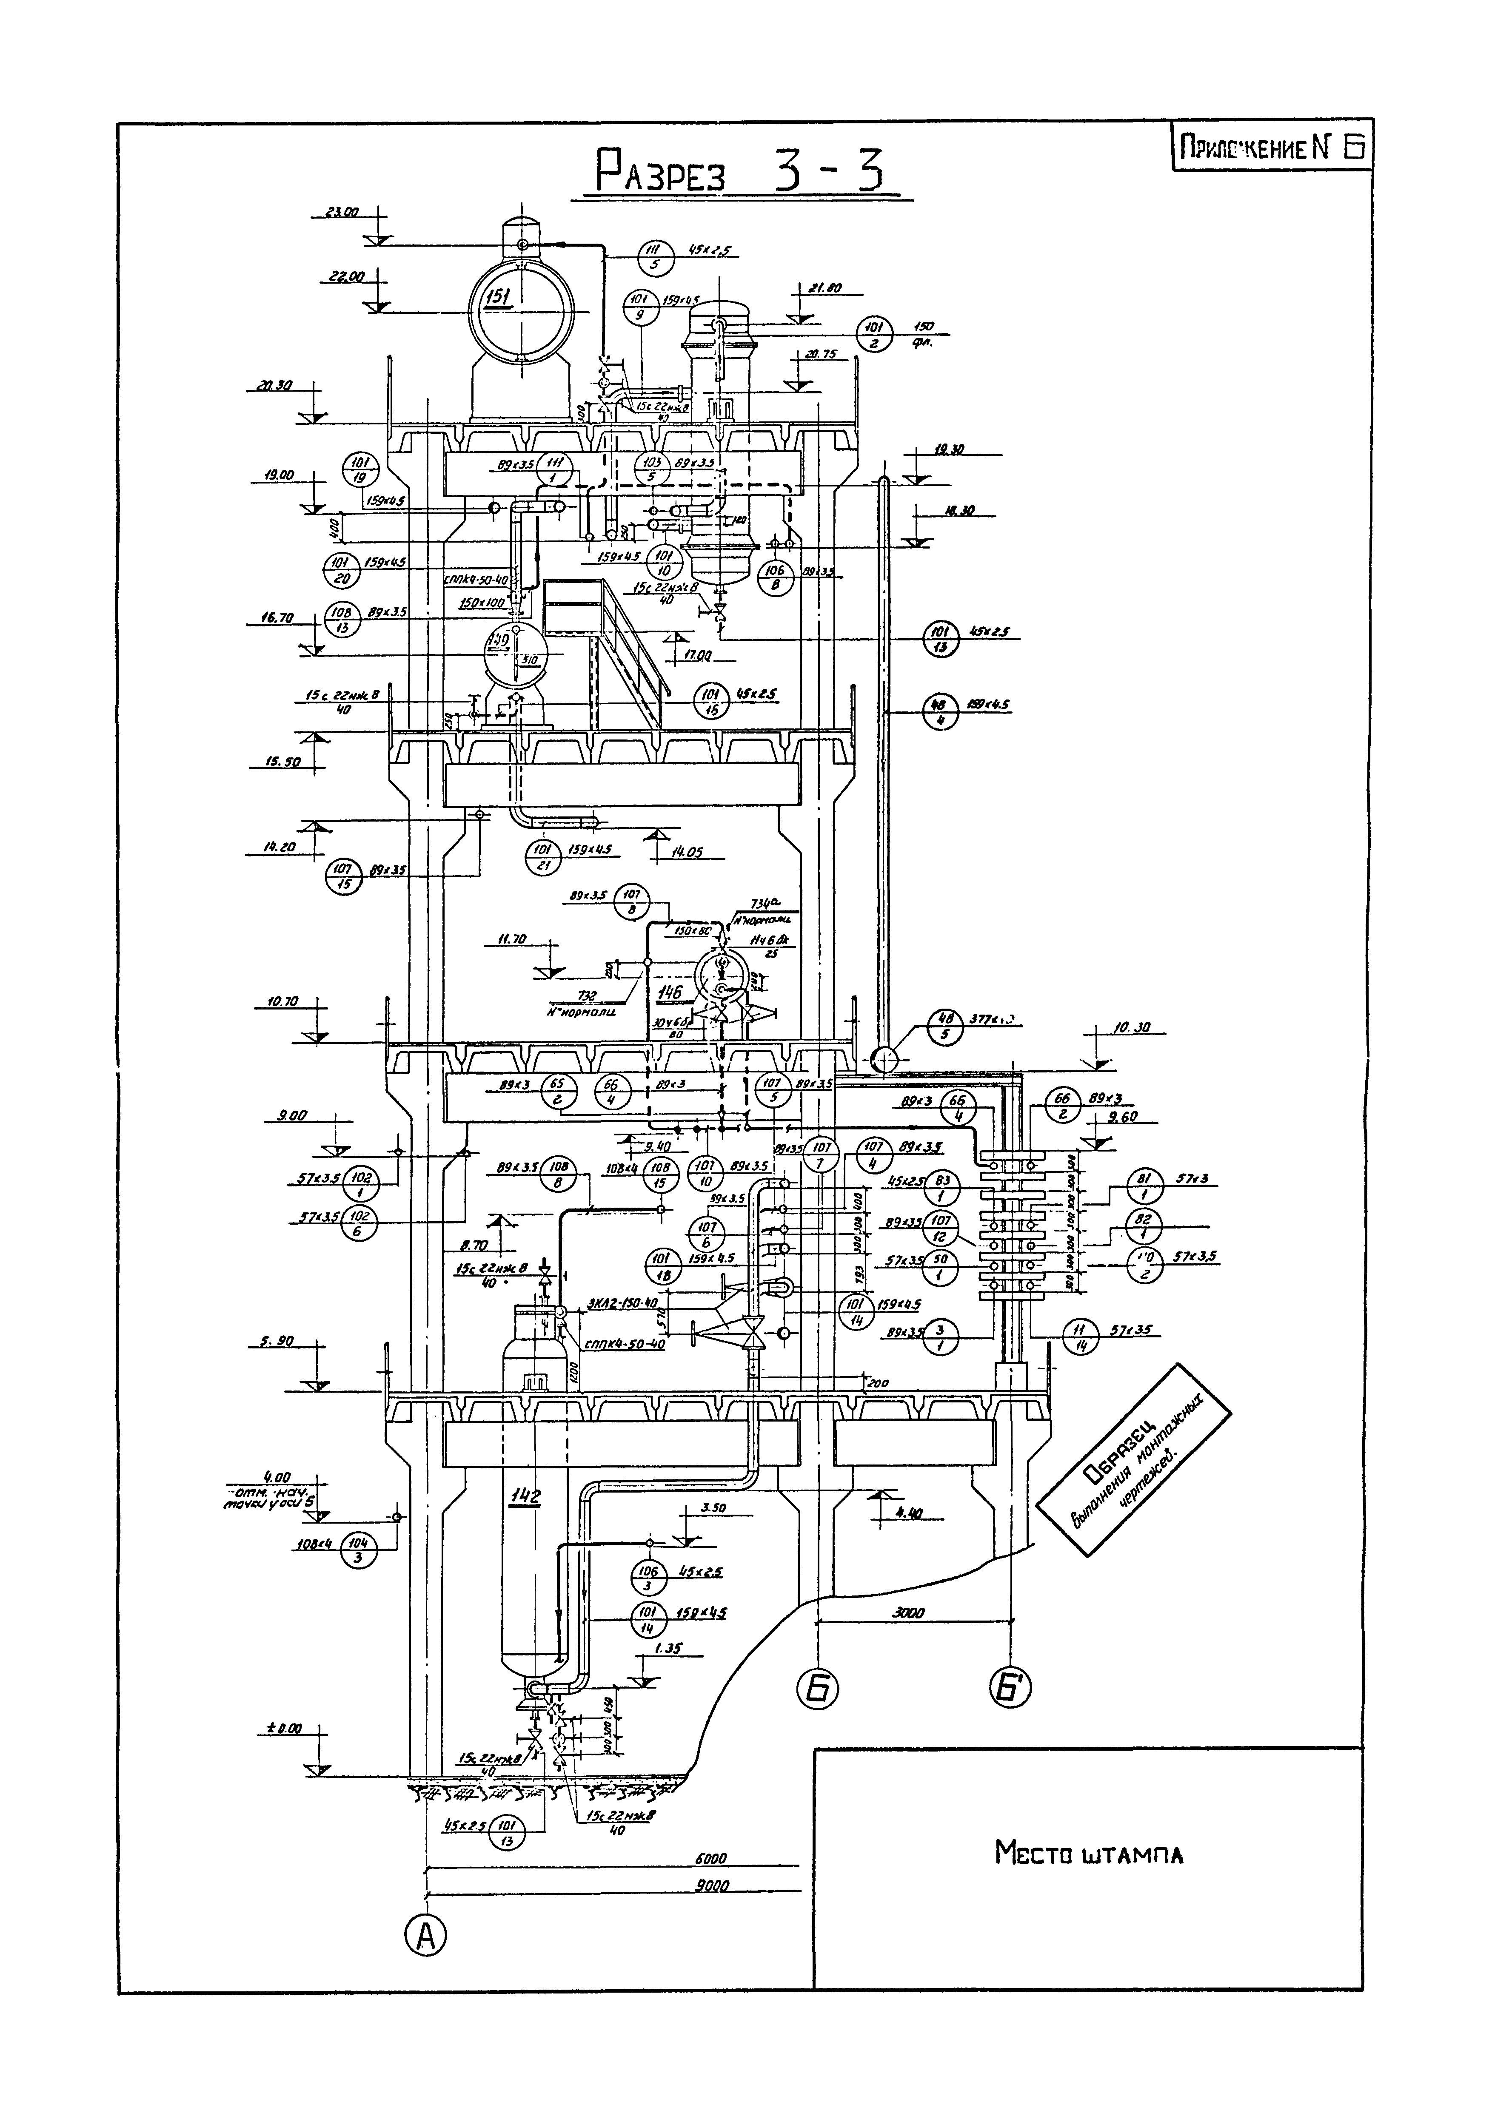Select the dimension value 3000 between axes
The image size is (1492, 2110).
pos(908,1612)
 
